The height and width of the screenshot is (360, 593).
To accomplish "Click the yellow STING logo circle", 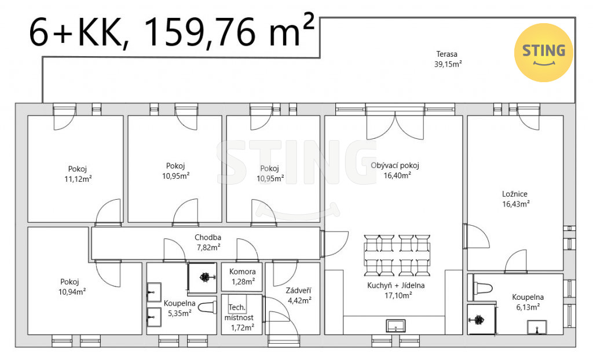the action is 543,53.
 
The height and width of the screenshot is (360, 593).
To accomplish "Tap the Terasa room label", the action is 446,54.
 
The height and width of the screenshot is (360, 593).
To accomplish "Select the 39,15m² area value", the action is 448,64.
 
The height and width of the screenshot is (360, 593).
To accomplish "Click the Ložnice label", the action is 515,194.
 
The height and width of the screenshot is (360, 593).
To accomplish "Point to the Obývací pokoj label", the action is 395,166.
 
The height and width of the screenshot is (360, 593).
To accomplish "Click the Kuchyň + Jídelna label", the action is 396,285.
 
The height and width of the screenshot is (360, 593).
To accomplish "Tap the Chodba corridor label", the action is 208,237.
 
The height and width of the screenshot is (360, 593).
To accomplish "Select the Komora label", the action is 243,271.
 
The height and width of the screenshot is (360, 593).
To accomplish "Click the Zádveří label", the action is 298,291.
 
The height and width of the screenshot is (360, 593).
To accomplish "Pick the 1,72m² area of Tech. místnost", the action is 243,327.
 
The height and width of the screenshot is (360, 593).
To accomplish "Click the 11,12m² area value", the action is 78,179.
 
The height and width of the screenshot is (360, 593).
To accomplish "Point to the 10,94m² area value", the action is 72,292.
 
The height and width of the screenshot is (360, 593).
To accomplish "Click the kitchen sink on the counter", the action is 396,326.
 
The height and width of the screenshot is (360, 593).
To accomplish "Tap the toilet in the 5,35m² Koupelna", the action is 207,308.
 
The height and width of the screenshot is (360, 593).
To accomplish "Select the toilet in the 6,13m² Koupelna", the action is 483,288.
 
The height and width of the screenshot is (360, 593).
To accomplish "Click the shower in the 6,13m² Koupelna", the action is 481,319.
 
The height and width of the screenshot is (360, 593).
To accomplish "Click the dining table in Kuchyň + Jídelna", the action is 397,255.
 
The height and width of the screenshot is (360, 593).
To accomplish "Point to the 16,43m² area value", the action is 516,204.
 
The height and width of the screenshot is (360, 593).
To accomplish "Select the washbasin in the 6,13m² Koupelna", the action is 537,327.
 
